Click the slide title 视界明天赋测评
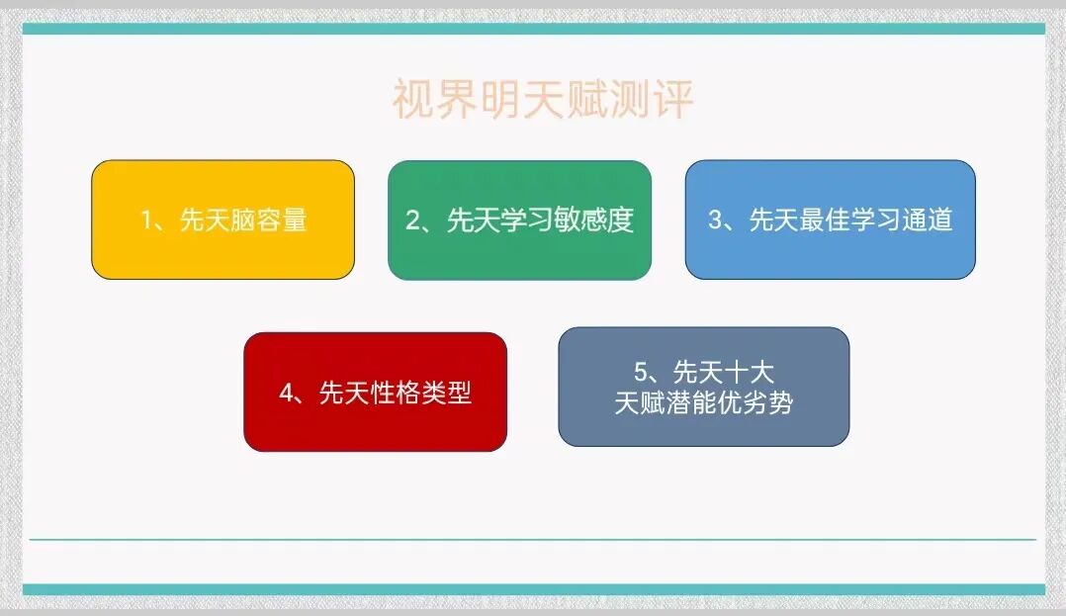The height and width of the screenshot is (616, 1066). point(542,100)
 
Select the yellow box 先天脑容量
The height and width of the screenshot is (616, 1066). point(222,220)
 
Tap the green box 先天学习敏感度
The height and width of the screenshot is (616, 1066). point(519,220)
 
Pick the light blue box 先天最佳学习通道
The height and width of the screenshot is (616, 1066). point(830,220)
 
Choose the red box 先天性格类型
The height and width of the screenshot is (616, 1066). point(375,392)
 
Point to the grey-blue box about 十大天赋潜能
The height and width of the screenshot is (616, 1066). point(703,387)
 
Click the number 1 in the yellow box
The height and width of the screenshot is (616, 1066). point(146,220)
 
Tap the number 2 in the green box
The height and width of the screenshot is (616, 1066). point(413,220)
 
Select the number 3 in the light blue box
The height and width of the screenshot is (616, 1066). point(715,220)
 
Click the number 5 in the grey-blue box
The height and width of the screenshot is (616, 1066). point(641,373)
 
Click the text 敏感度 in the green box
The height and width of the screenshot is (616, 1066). point(603,220)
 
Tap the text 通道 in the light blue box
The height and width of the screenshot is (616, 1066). point(928,220)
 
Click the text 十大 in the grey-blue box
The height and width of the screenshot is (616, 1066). point(749,373)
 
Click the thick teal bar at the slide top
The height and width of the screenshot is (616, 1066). point(533,29)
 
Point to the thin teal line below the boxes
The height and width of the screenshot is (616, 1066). point(533,540)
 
